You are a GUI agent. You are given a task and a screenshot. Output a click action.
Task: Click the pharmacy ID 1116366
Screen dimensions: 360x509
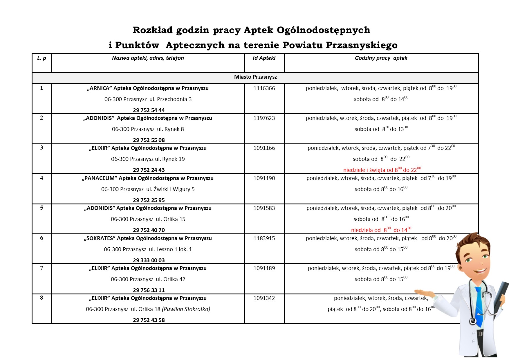(264, 88)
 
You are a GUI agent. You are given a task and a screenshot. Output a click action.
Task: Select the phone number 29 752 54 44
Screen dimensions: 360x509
(149, 110)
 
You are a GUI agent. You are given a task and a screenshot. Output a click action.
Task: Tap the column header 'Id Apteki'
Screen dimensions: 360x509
(264, 58)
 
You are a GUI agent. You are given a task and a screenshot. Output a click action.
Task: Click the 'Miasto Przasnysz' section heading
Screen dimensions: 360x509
(255, 77)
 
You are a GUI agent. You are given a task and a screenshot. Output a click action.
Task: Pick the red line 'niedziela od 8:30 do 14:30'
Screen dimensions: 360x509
(381, 230)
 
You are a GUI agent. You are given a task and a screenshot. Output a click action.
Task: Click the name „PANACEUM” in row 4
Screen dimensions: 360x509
(99, 178)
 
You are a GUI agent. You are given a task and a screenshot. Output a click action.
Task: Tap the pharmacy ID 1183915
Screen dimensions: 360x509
(264, 238)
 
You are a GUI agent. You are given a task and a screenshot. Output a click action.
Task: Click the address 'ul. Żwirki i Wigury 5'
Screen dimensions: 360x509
(170, 189)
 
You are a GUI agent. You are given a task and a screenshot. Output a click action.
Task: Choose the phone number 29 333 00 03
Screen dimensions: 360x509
(149, 260)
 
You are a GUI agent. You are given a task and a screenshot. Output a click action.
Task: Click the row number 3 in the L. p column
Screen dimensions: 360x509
(41, 148)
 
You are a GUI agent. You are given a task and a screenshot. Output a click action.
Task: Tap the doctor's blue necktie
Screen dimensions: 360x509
(479, 305)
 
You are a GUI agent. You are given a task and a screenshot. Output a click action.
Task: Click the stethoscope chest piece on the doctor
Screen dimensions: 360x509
(473, 321)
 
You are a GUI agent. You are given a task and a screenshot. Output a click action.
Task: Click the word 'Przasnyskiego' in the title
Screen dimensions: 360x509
(362, 45)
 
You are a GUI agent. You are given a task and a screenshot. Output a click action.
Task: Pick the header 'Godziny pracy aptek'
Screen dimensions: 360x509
(381, 58)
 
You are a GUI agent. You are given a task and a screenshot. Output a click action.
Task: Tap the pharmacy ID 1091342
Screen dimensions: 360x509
(264, 298)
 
